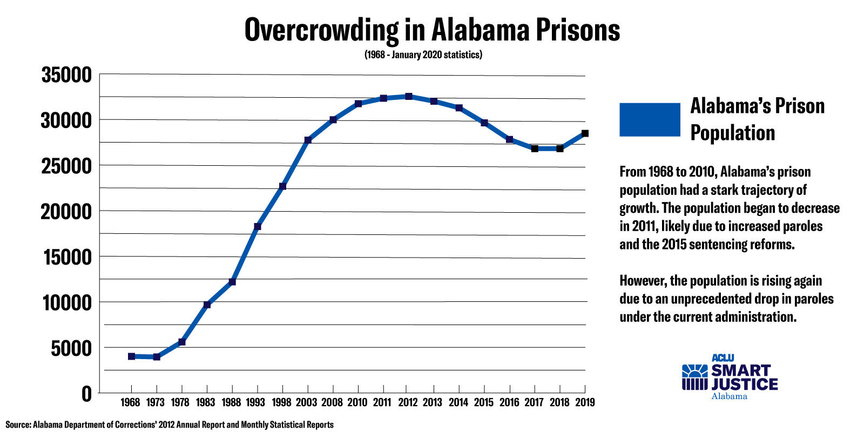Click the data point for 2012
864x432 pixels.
coord(409,97)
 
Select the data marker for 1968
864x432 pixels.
coord(131,356)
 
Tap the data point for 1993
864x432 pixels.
coord(258,227)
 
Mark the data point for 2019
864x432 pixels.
coord(585,133)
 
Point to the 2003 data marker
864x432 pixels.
coord(308,140)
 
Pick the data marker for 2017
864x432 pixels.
coord(535,148)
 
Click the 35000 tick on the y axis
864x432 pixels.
coord(67,76)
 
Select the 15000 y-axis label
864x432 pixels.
coord(67,257)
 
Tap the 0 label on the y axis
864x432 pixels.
coord(86,394)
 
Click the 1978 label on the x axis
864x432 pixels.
coord(180,402)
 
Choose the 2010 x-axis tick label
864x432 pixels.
coord(357,402)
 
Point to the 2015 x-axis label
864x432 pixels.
coord(483,402)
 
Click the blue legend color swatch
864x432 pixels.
coord(650,119)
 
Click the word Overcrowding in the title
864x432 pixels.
coord(321,30)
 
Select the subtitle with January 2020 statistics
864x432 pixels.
coord(423,55)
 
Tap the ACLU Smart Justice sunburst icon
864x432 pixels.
coord(694,377)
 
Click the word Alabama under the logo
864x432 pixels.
coord(729,396)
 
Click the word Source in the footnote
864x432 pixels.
coord(18,424)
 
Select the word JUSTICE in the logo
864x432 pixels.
coord(744,384)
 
